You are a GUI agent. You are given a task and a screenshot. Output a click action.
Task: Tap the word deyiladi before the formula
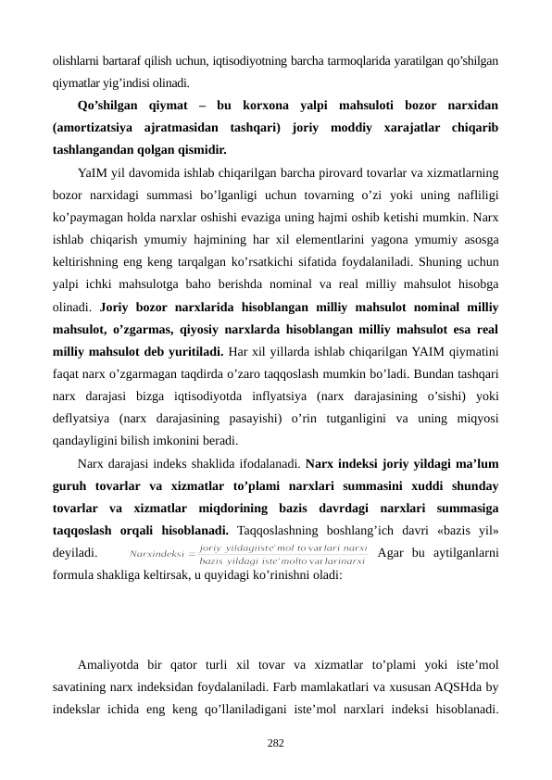[x=76, y=554]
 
